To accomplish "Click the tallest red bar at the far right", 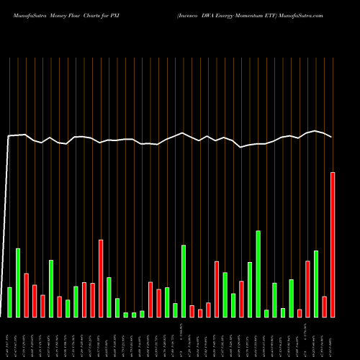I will tap(333, 245).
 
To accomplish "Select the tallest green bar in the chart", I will tap(258, 274).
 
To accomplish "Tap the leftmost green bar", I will tap(9, 302).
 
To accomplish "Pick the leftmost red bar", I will tap(26, 295).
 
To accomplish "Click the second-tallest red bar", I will tap(101, 278).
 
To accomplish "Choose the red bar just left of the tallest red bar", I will tap(324, 306).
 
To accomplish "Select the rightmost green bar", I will tap(316, 284).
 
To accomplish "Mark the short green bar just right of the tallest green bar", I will tap(266, 313).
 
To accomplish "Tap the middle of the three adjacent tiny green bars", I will tap(134, 315).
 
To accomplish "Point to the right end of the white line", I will tap(332, 137).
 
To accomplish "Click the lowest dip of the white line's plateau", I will tap(242, 147).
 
